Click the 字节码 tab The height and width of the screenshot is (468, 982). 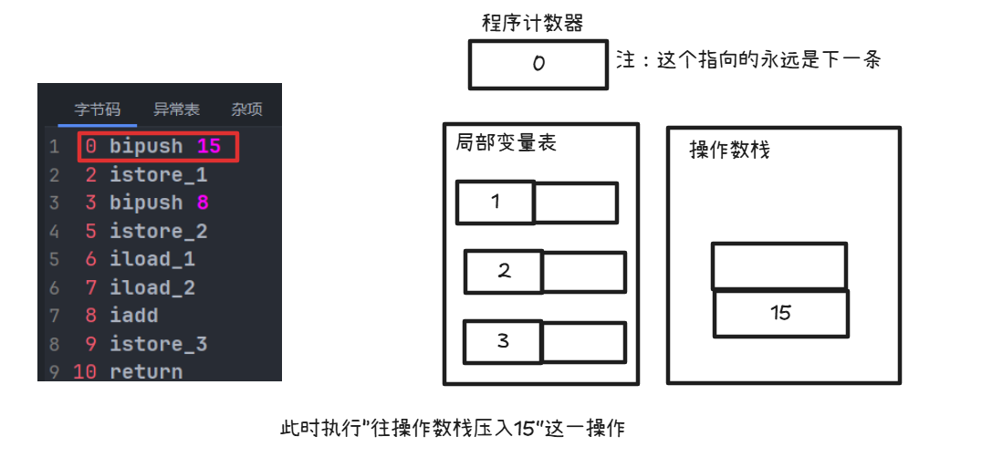(x=97, y=109)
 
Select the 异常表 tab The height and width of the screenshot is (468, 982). (x=176, y=109)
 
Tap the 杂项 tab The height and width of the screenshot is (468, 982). (x=246, y=109)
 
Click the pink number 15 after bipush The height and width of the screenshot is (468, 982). (x=209, y=146)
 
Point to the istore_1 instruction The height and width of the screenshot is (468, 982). (x=158, y=174)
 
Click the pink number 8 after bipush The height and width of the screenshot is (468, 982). (x=203, y=203)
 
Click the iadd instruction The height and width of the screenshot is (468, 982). (x=133, y=316)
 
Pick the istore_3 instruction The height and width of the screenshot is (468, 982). (x=158, y=344)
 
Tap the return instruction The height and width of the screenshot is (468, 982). (x=146, y=372)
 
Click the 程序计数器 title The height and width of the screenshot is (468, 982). (x=532, y=24)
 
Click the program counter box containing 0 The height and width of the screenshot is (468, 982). (x=538, y=65)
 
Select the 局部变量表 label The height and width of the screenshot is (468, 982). (x=506, y=143)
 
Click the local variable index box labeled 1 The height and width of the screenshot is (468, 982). (x=495, y=203)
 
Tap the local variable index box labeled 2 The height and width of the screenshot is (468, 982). (x=503, y=272)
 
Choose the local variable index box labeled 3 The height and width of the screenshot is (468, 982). (x=502, y=342)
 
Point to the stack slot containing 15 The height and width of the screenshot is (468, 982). (x=780, y=313)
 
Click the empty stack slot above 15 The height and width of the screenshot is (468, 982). (x=778, y=265)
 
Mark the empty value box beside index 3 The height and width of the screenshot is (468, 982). (x=583, y=342)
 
